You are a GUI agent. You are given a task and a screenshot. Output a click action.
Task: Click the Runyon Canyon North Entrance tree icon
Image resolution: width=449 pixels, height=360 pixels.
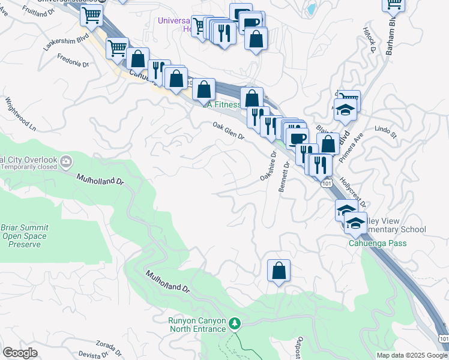coord(235,325)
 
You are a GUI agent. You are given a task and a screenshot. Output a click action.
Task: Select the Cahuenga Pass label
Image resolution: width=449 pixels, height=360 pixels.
coord(378,243)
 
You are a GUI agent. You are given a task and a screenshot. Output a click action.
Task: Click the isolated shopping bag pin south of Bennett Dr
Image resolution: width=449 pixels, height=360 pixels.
coord(279,271)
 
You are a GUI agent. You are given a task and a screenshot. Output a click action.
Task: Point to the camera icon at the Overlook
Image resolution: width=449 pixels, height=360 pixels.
coord(66,161)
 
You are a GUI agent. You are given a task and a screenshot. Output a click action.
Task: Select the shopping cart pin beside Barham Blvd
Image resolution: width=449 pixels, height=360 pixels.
coord(394,4)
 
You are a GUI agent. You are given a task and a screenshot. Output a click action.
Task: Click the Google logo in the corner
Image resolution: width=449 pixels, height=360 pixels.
coord(20,352)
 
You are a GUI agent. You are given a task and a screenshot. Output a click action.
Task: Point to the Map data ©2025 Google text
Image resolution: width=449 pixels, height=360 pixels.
coord(412,355)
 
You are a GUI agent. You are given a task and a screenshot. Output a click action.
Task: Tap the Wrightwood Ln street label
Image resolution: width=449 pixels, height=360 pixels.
coord(21,115)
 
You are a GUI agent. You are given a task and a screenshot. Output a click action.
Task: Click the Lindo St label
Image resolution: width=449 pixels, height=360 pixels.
coord(385,131)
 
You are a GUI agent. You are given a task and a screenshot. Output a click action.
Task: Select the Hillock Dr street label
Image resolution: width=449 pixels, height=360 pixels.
coord(369,42)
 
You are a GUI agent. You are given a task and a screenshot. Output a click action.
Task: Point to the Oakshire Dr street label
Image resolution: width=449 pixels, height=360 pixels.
coord(267,166)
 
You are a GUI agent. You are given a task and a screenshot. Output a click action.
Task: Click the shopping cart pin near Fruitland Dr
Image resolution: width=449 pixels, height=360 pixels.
coord(91,16)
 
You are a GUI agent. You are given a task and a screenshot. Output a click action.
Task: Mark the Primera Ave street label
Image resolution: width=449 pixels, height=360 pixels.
coord(358,147)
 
